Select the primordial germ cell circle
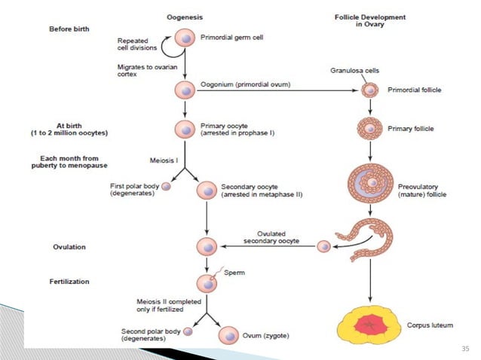185,38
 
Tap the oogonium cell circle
185,90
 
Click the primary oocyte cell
185,129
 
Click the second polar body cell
188,331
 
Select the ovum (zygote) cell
227,334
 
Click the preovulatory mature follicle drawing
369,185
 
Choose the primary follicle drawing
369,129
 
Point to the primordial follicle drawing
369,90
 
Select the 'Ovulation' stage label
69,246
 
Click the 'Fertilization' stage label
71,281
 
